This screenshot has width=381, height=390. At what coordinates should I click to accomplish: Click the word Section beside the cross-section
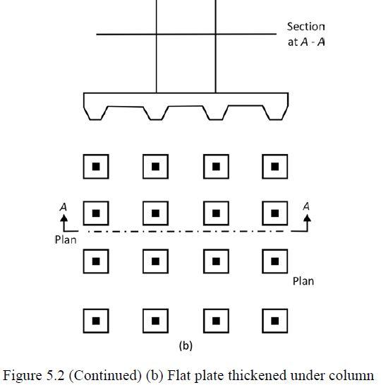[306, 27]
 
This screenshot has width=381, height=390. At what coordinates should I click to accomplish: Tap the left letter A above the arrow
[64, 207]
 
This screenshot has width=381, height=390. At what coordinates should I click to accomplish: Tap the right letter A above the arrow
[306, 206]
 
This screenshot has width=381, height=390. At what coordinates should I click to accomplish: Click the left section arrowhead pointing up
[64, 218]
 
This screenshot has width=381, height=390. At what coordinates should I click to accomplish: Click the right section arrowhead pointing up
[307, 218]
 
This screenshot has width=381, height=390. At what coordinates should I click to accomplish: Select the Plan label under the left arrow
[66, 240]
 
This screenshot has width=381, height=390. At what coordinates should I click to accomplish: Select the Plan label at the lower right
[303, 281]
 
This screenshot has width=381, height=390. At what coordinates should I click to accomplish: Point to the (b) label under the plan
[186, 346]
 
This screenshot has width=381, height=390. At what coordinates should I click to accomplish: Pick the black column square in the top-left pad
[96, 167]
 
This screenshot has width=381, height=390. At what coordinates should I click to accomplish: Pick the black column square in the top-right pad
[275, 167]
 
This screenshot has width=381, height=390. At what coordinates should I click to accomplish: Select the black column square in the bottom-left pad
[96, 321]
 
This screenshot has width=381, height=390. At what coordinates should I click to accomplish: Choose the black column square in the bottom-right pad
[275, 321]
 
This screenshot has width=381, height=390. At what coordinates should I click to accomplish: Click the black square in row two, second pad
[155, 213]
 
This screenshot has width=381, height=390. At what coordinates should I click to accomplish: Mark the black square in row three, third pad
[216, 261]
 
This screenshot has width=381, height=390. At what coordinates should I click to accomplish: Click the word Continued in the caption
[105, 376]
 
